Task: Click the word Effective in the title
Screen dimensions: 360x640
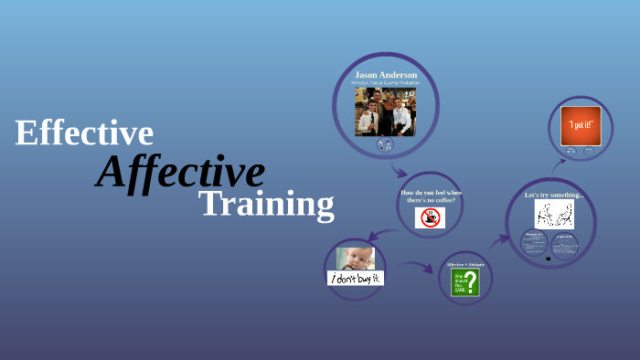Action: point(84,133)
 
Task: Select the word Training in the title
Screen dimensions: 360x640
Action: point(266,204)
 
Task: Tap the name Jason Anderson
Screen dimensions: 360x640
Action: point(385,74)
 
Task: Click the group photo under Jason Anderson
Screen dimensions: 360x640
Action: point(385,111)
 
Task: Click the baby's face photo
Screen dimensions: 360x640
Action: point(356,259)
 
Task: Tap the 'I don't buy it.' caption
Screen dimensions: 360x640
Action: point(356,278)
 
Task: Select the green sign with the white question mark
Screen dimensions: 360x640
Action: point(464,282)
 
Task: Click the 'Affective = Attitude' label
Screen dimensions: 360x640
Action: point(465,265)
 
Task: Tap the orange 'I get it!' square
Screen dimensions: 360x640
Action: point(581,125)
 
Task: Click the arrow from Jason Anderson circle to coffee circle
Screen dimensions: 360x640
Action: point(399,169)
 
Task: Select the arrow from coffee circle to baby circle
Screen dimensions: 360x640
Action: point(382,234)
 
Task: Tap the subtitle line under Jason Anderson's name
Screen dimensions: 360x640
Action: point(385,83)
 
